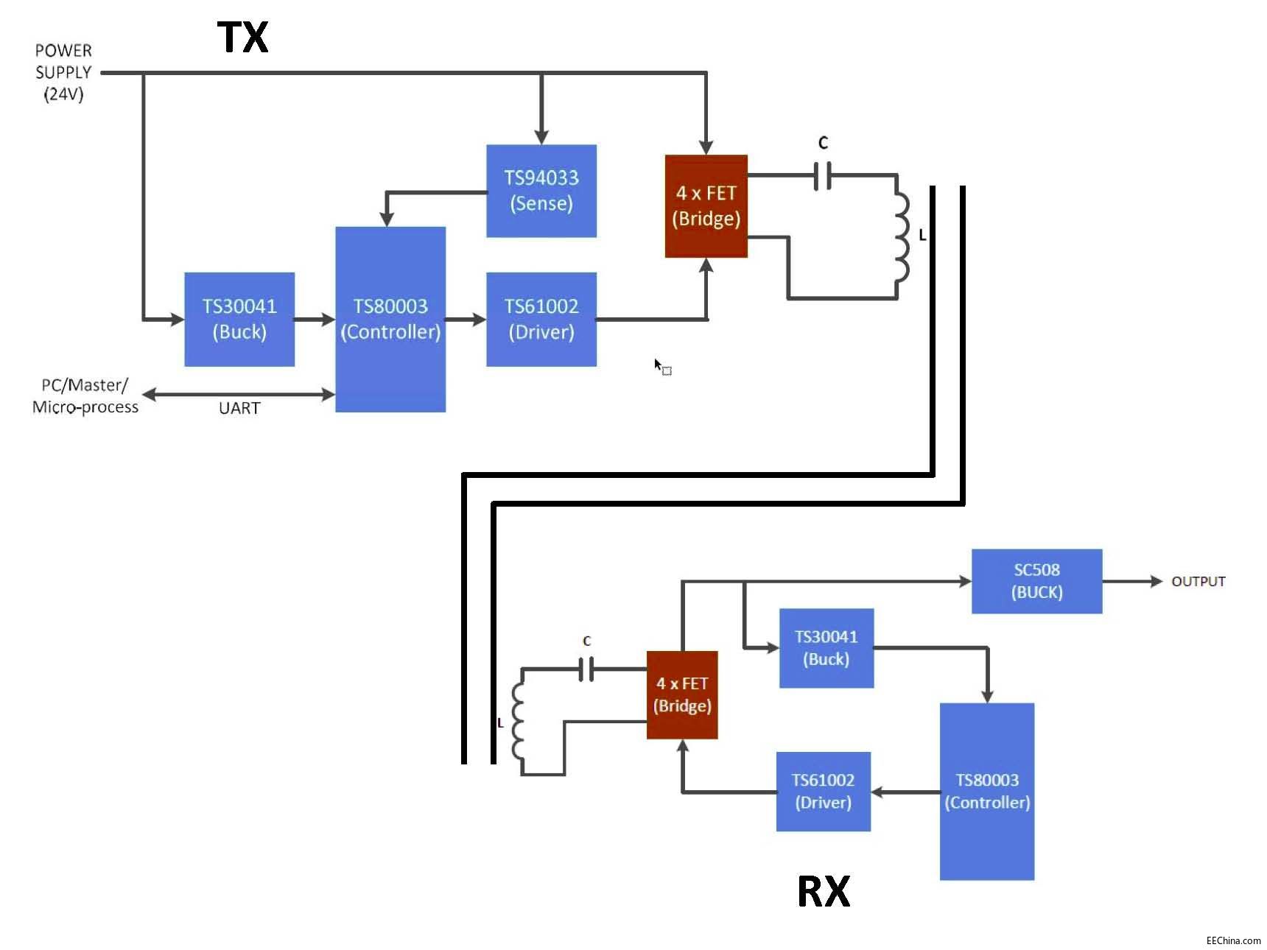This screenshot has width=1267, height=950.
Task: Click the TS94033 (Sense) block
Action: click(541, 191)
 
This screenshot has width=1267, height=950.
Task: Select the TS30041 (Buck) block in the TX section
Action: click(239, 319)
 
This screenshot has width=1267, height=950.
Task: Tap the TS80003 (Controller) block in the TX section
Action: click(390, 319)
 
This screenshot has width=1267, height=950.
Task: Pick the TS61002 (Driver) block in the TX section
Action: click(541, 319)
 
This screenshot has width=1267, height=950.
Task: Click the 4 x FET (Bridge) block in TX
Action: click(706, 206)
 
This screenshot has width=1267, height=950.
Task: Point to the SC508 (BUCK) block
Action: click(1036, 581)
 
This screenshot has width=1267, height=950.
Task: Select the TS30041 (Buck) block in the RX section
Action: click(826, 648)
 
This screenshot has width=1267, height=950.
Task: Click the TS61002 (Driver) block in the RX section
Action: click(823, 792)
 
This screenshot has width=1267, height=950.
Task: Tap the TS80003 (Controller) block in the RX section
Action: click(986, 792)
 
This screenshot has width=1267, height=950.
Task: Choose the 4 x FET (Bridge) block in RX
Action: click(682, 694)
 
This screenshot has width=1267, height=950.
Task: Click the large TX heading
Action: click(243, 38)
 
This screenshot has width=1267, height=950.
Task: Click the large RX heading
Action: click(824, 891)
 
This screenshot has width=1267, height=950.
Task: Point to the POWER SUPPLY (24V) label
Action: click(63, 72)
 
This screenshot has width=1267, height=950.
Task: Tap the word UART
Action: click(239, 409)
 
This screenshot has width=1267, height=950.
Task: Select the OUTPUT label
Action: click(1198, 582)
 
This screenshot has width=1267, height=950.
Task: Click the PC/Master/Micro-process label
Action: click(85, 396)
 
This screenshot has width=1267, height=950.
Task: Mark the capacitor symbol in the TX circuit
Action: click(823, 176)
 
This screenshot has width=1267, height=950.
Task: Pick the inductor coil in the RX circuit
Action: click(518, 722)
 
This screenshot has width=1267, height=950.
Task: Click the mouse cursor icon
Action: click(661, 367)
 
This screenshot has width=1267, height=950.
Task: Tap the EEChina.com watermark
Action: click(1232, 940)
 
